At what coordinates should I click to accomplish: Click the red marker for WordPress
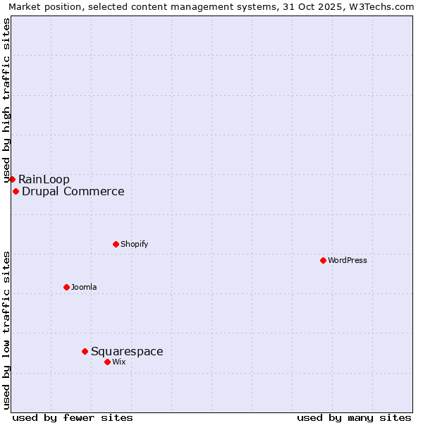click(x=323, y=260)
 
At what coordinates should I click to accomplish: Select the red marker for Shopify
click(x=116, y=244)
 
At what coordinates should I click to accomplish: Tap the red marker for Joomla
click(x=66, y=287)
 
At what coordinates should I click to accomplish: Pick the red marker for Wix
click(x=107, y=362)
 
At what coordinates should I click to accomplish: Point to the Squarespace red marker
click(x=85, y=351)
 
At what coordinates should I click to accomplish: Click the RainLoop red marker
click(x=12, y=179)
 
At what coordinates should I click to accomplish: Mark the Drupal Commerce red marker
click(x=16, y=191)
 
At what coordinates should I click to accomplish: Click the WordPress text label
click(x=348, y=260)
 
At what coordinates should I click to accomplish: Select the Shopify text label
click(x=134, y=244)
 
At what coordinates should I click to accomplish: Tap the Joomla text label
click(x=84, y=287)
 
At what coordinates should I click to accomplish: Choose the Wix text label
click(x=119, y=362)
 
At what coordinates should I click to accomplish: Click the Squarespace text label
click(x=127, y=351)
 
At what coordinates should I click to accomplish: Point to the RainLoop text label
click(x=44, y=179)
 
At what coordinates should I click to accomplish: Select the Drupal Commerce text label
click(x=73, y=191)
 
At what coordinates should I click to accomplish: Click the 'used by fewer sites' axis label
click(x=73, y=417)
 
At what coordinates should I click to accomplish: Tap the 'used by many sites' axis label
click(x=354, y=417)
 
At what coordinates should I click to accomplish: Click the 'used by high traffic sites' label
click(x=6, y=101)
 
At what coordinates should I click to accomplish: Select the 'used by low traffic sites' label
click(x=6, y=329)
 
